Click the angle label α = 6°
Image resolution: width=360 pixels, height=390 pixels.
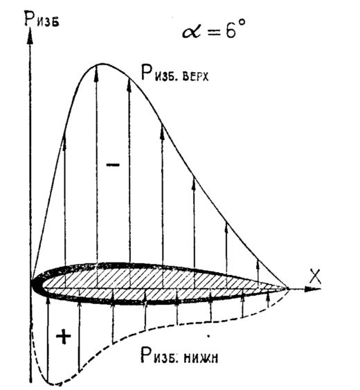pyautogui.click(x=214, y=29)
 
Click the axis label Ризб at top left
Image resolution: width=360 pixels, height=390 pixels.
pyautogui.click(x=42, y=19)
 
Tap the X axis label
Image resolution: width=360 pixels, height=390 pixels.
pyautogui.click(x=315, y=276)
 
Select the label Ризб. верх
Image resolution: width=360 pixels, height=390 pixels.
pyautogui.click(x=174, y=73)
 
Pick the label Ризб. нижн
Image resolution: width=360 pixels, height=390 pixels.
pyautogui.click(x=179, y=355)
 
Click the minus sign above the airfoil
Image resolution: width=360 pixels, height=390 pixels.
pyautogui.click(x=113, y=164)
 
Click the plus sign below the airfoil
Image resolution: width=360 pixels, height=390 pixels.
pyautogui.click(x=64, y=337)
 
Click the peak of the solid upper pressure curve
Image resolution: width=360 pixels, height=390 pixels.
pyautogui.click(x=102, y=64)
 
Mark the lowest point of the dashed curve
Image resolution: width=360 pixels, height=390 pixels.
pyautogui.click(x=55, y=384)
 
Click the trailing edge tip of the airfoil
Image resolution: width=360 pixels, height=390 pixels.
pyautogui.click(x=287, y=289)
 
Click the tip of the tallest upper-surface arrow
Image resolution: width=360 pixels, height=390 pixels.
pyautogui.click(x=96, y=66)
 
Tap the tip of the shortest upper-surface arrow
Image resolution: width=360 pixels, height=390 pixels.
pyautogui.click(x=258, y=261)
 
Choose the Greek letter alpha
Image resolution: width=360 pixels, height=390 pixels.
pyautogui.click(x=191, y=32)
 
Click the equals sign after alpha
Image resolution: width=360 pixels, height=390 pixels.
pyautogui.click(x=215, y=33)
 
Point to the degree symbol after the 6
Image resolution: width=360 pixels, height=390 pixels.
pyautogui.click(x=242, y=23)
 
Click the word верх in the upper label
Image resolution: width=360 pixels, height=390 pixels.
pyautogui.click(x=195, y=77)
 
